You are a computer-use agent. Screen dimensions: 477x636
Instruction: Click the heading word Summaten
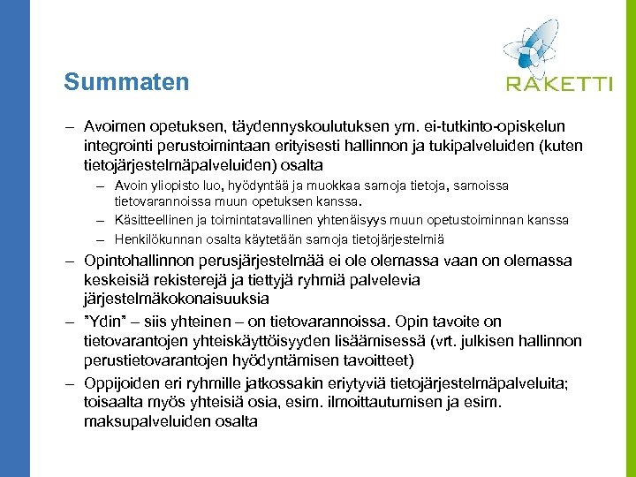(126, 82)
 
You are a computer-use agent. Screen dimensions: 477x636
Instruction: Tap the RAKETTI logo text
(559, 84)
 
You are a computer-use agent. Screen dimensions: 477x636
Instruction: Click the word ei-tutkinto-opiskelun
(503, 126)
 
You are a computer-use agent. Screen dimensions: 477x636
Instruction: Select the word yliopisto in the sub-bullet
(171, 185)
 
